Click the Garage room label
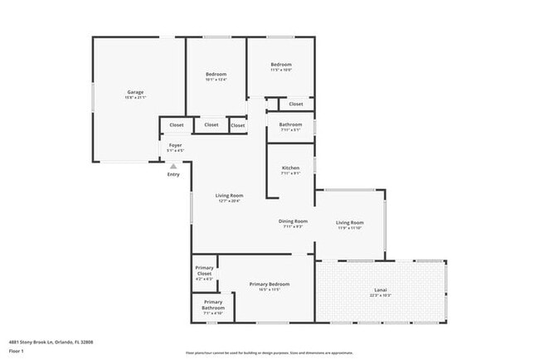point(135,91)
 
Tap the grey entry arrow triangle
point(173,166)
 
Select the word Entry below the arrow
point(173,174)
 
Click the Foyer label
point(175,145)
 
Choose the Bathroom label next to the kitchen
point(290,124)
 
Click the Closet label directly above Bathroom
point(296,105)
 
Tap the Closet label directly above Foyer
point(177,125)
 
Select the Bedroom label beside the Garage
point(216,75)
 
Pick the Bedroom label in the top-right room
point(281,65)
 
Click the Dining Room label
point(293,221)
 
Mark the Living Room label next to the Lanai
point(349,222)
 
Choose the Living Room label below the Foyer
point(229,196)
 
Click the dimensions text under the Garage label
point(135,98)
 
